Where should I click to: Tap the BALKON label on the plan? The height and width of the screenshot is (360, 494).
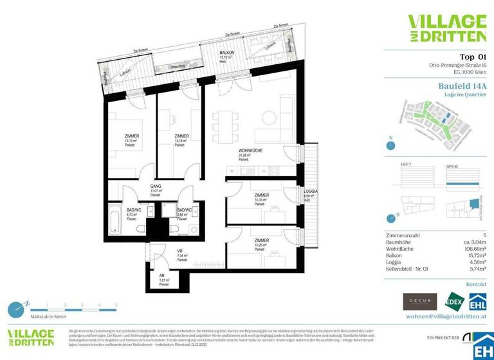click(226, 52)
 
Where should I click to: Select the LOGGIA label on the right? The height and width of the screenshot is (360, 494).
click(311, 191)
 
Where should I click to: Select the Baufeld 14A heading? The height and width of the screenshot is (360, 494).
click(458, 84)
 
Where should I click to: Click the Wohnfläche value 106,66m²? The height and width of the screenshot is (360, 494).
click(472, 248)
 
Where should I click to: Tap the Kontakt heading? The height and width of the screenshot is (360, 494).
click(477, 283)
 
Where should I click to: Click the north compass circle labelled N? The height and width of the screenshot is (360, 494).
click(390, 145)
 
